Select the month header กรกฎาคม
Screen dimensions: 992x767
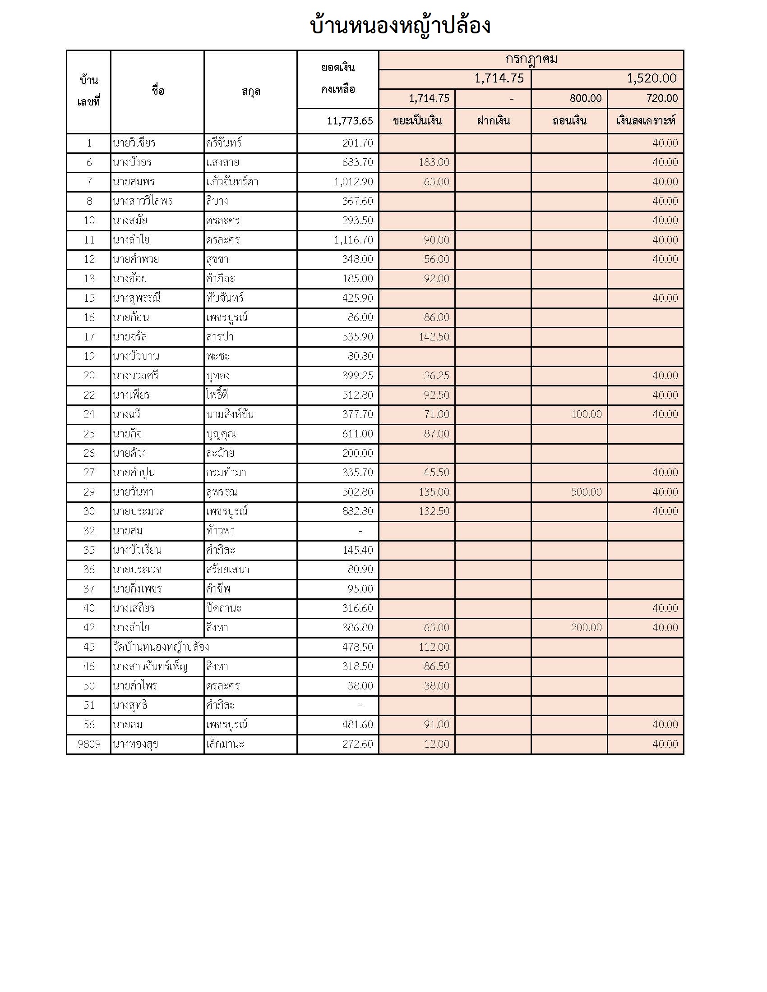pyautogui.click(x=531, y=60)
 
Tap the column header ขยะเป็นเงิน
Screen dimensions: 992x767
pyautogui.click(x=417, y=121)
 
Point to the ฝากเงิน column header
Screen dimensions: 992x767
pyautogui.click(x=493, y=121)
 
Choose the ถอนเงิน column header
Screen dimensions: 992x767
pyautogui.click(x=569, y=121)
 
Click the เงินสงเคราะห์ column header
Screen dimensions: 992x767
pyautogui.click(x=645, y=121)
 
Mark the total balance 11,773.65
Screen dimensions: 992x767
pyautogui.click(x=349, y=121)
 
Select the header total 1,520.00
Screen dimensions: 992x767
pyautogui.click(x=651, y=78)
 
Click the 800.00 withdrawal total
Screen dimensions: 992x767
pyautogui.click(x=585, y=99)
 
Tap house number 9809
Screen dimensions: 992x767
pyautogui.click(x=89, y=744)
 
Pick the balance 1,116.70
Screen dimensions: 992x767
pyautogui.click(x=353, y=240)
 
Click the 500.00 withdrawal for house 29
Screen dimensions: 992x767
pyautogui.click(x=586, y=492)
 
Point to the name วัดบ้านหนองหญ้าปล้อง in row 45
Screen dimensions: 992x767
pyautogui.click(x=161, y=647)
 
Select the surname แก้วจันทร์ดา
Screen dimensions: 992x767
pyautogui.click(x=232, y=182)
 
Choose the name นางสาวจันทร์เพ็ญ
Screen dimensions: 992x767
pyautogui.click(x=150, y=666)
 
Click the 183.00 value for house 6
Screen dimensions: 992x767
pyautogui.click(x=434, y=162)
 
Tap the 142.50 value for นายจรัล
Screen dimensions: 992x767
pyautogui.click(x=434, y=336)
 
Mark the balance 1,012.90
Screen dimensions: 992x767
pyautogui.click(x=353, y=182)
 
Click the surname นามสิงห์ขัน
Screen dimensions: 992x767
pyautogui.click(x=230, y=414)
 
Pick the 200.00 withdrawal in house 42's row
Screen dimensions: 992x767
pyautogui.click(x=586, y=628)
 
